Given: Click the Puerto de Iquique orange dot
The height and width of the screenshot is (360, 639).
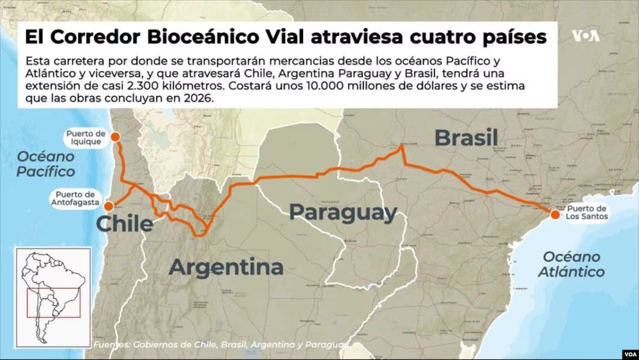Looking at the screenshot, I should [115, 137].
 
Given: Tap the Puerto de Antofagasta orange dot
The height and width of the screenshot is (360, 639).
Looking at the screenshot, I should [109, 206].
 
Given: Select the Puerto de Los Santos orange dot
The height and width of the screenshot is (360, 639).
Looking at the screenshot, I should [553, 214].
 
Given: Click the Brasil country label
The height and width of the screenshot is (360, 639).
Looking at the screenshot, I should [466, 137].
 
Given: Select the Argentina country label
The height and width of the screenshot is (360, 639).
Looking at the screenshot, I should [226, 267].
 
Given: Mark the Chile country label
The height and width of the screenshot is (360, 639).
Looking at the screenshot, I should [125, 224].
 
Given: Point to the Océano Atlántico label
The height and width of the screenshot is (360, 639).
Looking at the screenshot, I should [573, 264].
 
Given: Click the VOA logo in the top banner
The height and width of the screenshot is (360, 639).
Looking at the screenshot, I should [585, 36].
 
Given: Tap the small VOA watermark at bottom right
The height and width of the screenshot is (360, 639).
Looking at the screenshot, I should [626, 352].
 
